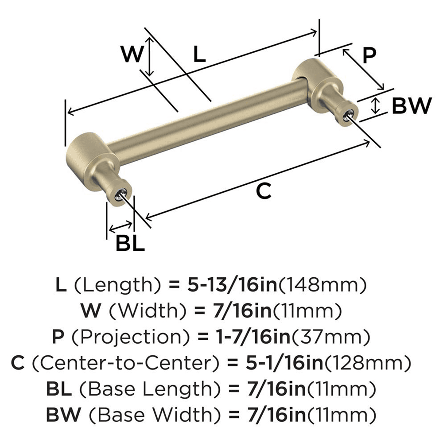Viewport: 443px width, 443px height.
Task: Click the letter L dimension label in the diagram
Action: coord(200,55)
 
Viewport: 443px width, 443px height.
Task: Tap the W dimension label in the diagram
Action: coord(133,55)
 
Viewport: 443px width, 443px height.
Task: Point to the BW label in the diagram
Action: coord(412,106)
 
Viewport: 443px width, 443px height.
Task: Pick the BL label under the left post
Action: coord(130,243)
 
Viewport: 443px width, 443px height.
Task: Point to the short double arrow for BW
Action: coord(376,105)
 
